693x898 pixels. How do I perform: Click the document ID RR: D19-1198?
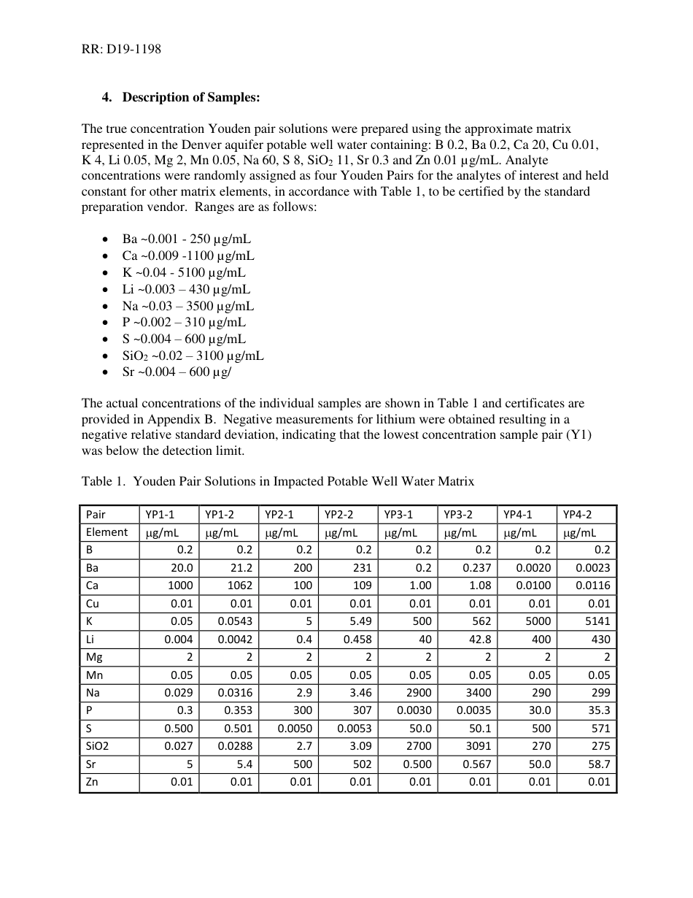[x=121, y=50]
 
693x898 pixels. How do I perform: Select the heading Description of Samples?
[x=190, y=98]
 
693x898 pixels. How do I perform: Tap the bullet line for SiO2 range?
[x=193, y=356]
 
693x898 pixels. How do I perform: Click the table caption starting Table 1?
[x=277, y=481]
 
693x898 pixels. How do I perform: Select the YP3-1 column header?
[x=398, y=514]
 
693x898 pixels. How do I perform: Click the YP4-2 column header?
[x=577, y=514]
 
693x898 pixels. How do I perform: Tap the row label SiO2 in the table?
[x=97, y=747]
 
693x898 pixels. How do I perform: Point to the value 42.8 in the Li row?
[x=478, y=640]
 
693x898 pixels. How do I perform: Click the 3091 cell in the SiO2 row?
[x=478, y=747]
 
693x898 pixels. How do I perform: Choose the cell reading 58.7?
[x=597, y=764]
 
